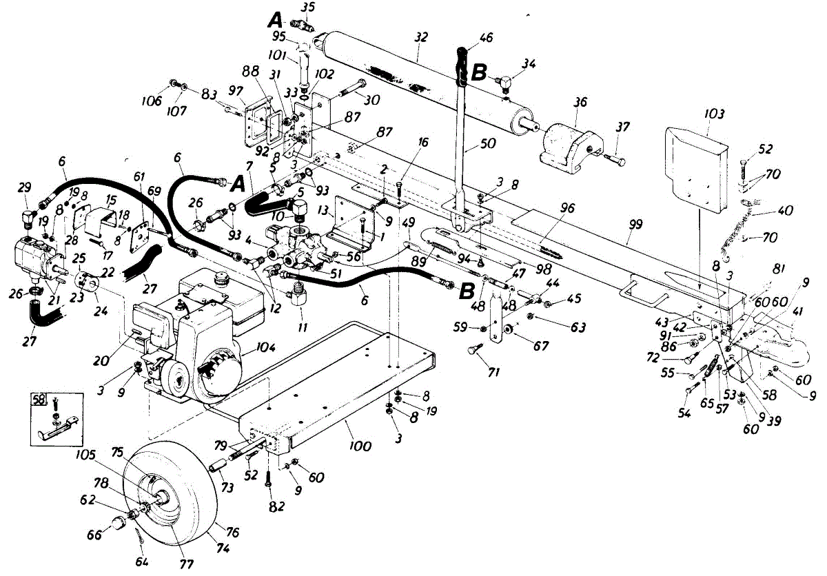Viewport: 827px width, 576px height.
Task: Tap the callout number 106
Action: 152,101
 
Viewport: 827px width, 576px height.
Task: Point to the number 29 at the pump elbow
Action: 24,189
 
